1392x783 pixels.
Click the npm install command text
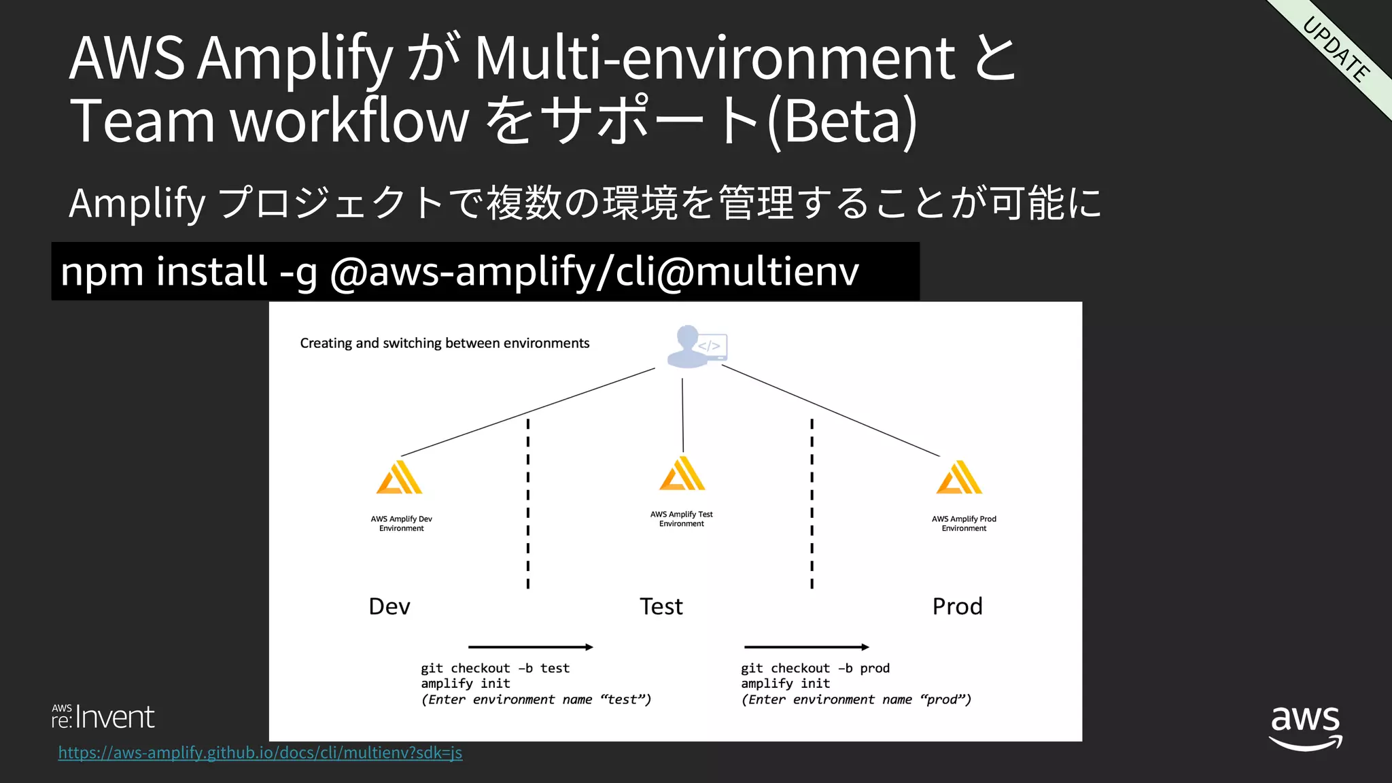point(459,271)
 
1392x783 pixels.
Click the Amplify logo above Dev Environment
point(400,477)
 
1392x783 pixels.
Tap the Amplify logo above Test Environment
point(682,473)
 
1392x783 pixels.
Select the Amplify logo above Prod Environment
point(959,477)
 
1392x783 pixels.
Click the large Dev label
point(389,606)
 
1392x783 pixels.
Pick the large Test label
point(661,606)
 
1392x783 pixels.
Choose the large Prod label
point(957,606)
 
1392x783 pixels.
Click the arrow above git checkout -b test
point(531,647)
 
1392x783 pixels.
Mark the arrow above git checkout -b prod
point(807,647)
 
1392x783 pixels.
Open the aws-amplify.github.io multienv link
point(260,753)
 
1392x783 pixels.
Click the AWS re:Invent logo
point(103,717)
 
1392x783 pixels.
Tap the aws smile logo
point(1306,727)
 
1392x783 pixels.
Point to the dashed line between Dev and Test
point(528,503)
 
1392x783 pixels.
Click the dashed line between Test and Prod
point(812,503)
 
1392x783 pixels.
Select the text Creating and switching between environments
point(445,343)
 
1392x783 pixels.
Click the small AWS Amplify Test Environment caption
point(682,519)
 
